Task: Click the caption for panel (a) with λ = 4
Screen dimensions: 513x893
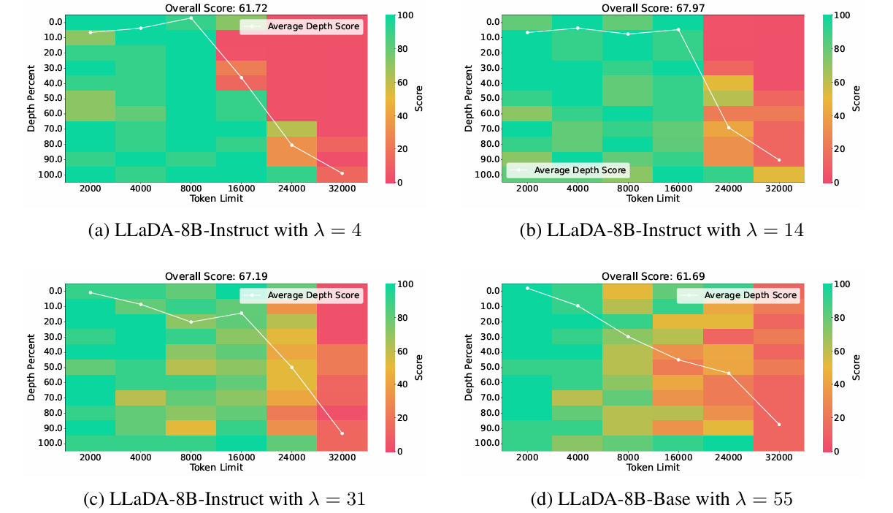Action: point(225,231)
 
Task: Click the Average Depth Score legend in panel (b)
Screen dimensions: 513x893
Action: point(567,170)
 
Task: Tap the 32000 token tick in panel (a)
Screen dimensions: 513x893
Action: point(342,189)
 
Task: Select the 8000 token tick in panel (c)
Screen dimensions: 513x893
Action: point(191,457)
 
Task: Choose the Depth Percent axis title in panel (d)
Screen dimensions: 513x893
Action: point(469,367)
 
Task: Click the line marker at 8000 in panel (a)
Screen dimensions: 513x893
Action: point(191,18)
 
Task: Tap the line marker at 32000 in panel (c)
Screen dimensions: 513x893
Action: point(342,433)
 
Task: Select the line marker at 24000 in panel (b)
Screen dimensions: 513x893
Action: point(729,128)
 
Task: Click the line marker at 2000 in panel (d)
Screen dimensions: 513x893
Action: point(528,288)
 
